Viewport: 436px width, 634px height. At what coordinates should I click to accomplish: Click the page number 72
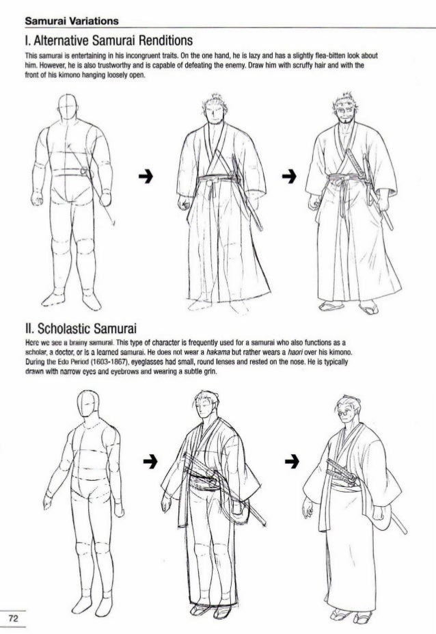(14, 618)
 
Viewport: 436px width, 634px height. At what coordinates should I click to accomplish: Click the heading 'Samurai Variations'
(72, 21)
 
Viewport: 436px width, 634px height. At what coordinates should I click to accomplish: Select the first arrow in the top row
(146, 176)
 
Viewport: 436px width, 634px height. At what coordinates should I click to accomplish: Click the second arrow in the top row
(289, 176)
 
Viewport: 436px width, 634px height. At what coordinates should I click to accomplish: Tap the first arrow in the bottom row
(150, 461)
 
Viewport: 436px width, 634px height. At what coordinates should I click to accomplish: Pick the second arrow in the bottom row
(292, 461)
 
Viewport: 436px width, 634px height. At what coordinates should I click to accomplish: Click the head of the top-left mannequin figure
(68, 107)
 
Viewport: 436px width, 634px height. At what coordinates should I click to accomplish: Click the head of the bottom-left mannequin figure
(88, 404)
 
